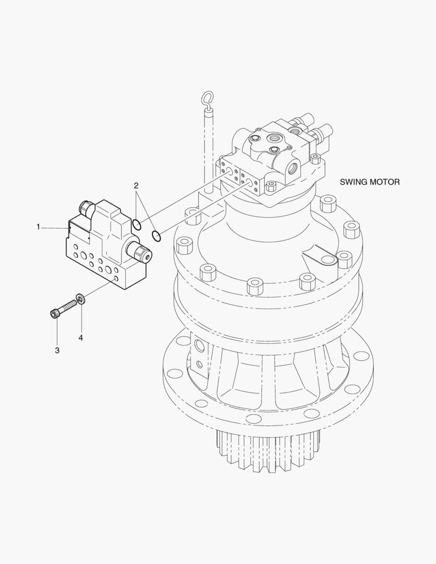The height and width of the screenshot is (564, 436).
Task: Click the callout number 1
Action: pos(38,227)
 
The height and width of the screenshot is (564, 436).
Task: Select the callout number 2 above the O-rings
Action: pos(136,185)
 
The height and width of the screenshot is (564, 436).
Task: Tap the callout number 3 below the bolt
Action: pos(57,350)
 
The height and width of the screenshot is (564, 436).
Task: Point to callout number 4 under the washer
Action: pos(80,337)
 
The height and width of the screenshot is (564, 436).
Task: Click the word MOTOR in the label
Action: pos(386,182)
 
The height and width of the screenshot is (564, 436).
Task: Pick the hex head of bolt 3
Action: pos(54,313)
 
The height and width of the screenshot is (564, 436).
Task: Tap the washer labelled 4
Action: pos(81,299)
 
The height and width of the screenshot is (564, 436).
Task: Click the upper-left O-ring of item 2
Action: pos(136,224)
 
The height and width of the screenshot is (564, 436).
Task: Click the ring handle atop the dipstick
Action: pos(207,98)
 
